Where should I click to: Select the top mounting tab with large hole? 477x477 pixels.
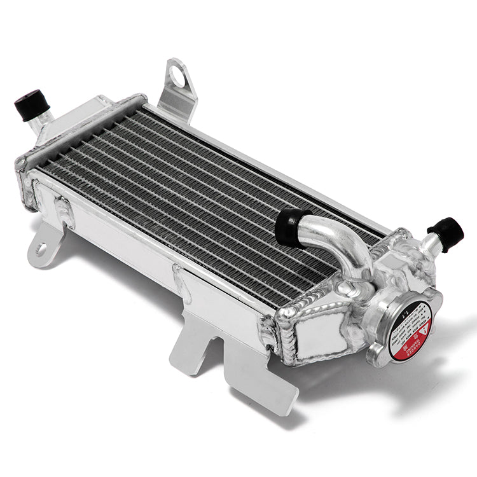click(177, 89)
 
